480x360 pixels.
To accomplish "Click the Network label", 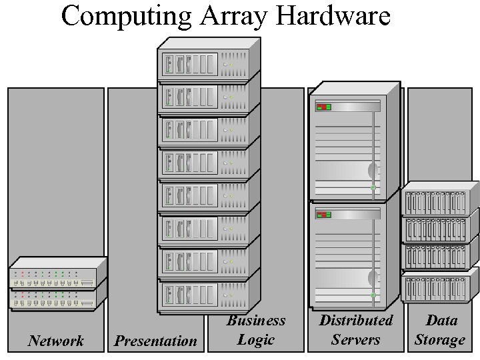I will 56,341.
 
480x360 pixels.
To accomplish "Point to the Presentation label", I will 156,341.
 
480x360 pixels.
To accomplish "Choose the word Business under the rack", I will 256,321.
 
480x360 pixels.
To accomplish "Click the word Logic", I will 256,340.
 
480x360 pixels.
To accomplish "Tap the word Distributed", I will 356,320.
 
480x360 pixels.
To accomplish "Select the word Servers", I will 356,339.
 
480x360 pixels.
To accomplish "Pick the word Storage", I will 440,339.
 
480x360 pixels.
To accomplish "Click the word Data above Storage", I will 441,320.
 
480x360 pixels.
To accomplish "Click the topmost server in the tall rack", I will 204,64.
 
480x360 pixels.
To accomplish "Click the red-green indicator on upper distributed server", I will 324,107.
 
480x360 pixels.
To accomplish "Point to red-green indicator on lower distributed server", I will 324,215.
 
